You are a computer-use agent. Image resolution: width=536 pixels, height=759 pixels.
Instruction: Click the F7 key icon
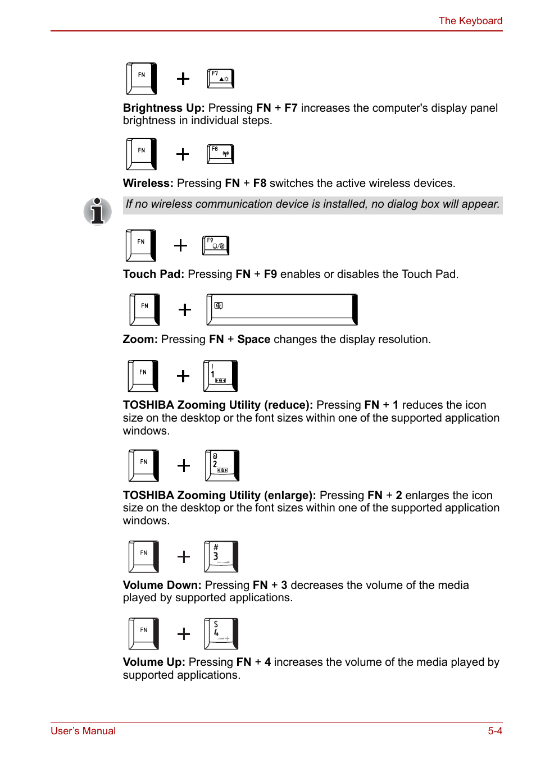pos(220,79)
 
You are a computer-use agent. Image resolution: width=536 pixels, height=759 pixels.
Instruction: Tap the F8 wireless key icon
pos(220,154)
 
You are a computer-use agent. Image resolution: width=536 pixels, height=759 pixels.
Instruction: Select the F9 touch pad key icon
pos(216,245)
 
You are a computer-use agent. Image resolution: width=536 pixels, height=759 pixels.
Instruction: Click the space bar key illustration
pos(282,309)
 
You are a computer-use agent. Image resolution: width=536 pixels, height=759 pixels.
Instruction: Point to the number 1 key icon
pos(220,376)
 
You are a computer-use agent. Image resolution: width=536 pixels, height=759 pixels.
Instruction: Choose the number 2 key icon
pos(222,465)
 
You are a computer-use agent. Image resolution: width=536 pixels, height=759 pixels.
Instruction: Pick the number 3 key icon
pos(221,556)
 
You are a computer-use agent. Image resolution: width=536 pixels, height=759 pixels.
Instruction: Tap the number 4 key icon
pos(221,633)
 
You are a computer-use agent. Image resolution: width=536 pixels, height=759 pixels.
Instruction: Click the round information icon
pos(98,212)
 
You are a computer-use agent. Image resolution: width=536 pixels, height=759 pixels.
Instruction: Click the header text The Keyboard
pos(470,21)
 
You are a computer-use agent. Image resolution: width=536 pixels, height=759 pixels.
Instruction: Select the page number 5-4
pos(495,731)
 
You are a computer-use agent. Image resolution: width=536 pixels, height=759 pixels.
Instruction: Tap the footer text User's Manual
pos(83,731)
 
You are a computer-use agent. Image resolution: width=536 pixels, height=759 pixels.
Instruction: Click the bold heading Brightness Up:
pos(163,108)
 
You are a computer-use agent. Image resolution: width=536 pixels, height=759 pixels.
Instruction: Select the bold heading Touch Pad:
pos(153,274)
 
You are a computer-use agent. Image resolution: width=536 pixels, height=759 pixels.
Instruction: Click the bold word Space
pos(254,339)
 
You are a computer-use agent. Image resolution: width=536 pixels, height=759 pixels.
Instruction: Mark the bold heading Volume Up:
pos(154,662)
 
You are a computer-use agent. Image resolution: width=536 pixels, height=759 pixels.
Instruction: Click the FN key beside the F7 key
pos(142,79)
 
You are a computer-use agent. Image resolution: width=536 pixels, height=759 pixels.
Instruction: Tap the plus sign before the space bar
pos(185,310)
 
